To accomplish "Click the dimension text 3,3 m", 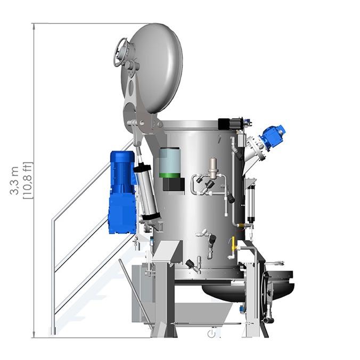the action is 14,181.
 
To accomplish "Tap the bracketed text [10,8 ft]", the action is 28,181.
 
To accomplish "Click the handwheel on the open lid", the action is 120,52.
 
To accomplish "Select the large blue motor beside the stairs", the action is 123,192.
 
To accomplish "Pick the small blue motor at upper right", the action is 273,136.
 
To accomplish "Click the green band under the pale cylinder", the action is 170,175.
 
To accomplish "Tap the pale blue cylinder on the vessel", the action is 170,160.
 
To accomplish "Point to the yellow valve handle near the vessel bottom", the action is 233,244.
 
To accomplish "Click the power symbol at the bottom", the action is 211,333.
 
